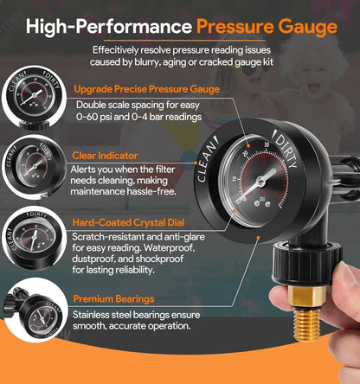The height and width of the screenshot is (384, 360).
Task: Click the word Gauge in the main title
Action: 308,27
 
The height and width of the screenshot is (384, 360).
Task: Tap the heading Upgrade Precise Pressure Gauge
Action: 147,89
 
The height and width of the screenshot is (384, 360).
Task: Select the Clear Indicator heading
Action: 105,156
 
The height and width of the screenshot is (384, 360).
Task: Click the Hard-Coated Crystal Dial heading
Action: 128,222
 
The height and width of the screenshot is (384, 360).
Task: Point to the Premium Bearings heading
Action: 114,299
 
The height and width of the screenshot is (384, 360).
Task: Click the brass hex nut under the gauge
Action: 307,296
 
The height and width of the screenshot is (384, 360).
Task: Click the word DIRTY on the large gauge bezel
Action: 286,149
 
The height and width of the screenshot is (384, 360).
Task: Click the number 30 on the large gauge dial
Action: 267,144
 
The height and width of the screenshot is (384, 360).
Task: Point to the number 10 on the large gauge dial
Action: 235,179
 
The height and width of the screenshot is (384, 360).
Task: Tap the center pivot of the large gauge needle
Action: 261,182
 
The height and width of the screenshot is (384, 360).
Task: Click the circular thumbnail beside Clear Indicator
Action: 34,167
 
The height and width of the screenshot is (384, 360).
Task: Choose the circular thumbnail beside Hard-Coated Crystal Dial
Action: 34,238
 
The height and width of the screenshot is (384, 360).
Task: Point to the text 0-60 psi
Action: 94,117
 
